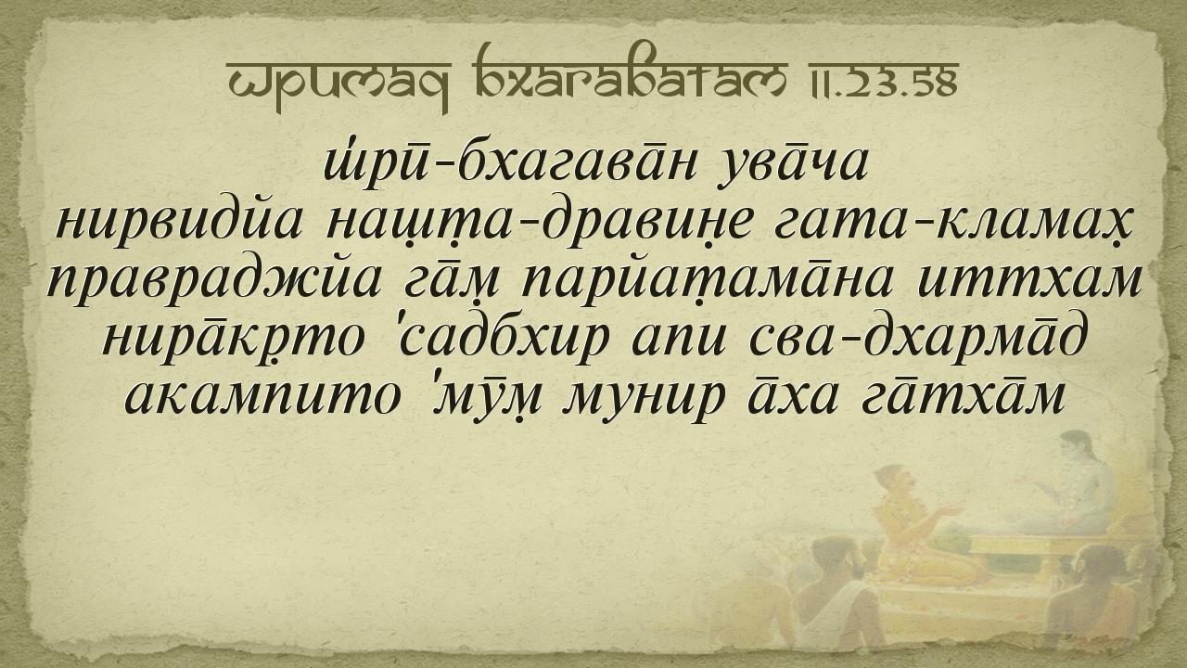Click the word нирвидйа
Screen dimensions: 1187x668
(180, 224)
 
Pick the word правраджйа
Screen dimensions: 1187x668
(213, 283)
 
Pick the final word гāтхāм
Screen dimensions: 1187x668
(964, 395)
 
